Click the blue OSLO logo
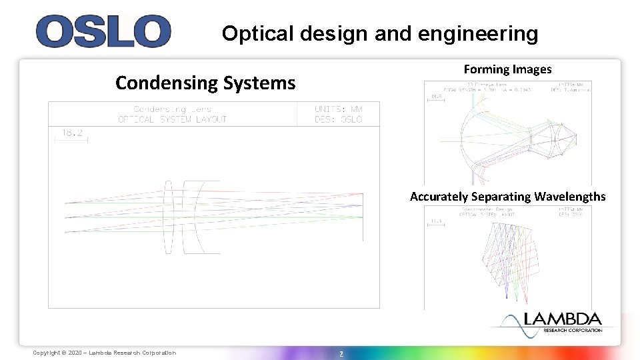coord(103,31)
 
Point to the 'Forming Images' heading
coord(507,69)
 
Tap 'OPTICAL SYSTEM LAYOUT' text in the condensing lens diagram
coord(172,119)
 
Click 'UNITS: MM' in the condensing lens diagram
coord(338,109)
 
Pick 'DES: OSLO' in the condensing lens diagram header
coord(338,119)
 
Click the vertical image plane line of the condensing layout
coord(363,216)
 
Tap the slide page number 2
coord(341,353)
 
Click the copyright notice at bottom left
coord(105,353)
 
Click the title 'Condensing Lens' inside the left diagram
coord(172,109)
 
